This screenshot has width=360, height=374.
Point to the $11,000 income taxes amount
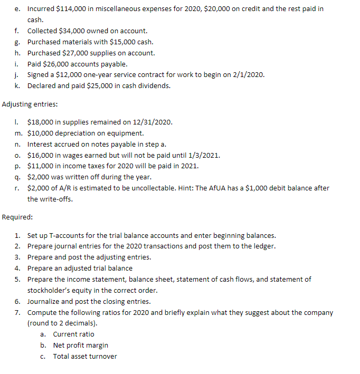click(41, 166)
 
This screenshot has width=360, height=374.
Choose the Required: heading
click(17, 217)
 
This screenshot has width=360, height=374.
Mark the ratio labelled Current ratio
click(74, 334)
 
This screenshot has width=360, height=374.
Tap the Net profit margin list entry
click(81, 345)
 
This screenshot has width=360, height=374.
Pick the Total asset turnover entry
click(85, 356)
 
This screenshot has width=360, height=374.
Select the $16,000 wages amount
click(41, 155)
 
